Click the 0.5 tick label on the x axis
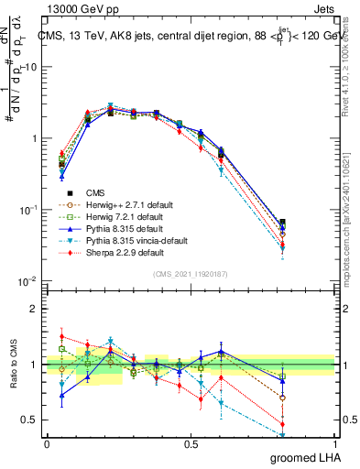tap(191, 443)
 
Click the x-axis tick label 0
tap(47, 443)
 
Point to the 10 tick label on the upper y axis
tap(30, 67)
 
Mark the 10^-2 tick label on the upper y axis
tap(27, 280)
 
